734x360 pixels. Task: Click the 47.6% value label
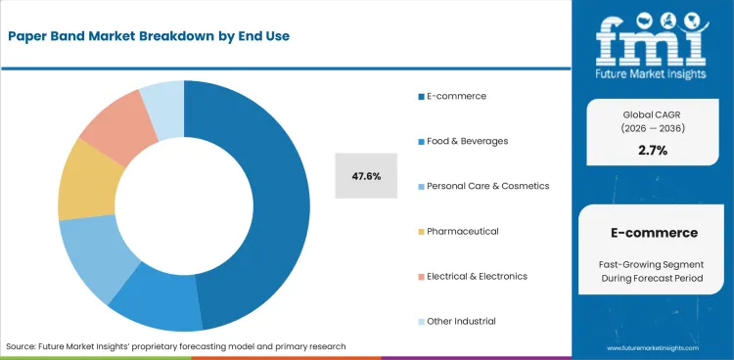366,176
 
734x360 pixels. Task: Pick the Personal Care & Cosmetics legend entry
487,186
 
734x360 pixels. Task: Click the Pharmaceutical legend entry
462,231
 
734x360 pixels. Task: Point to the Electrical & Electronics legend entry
477,276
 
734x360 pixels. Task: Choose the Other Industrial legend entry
461,321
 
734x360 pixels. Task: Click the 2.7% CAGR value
653,151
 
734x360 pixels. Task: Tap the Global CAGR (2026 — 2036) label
653,120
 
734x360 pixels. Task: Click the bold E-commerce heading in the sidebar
653,233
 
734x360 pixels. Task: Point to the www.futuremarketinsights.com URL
653,348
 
